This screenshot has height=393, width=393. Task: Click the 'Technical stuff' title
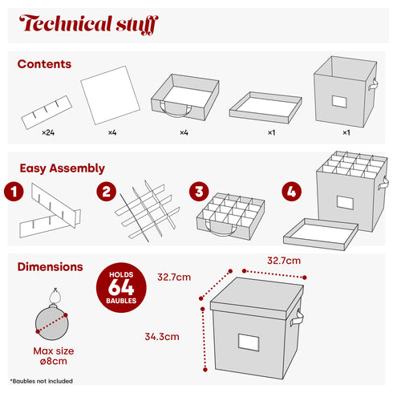point(89,24)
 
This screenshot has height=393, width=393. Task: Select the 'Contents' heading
point(44,64)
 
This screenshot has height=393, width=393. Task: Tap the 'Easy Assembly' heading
point(62,168)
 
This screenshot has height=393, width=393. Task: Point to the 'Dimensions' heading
point(50,267)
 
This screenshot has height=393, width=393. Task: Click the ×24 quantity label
point(48,132)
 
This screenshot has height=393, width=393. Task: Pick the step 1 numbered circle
point(14,192)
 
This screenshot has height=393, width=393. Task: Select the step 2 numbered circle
point(107,192)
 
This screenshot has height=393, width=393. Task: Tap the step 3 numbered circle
point(199,192)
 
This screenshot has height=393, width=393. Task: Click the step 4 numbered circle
point(292,192)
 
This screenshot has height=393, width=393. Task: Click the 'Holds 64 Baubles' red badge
point(121,288)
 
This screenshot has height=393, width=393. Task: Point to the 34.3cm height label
point(162,337)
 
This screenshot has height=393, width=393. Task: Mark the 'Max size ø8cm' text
point(54,356)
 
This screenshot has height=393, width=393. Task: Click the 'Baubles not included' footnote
point(42,381)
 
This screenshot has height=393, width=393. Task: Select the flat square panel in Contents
point(111,95)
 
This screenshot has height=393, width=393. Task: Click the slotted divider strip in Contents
point(47,112)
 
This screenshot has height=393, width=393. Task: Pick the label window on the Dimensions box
point(249,342)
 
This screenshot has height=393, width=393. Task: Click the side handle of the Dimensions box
point(297,318)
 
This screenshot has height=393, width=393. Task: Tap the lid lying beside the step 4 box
point(321,234)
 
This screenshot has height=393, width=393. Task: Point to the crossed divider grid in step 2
point(148,211)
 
